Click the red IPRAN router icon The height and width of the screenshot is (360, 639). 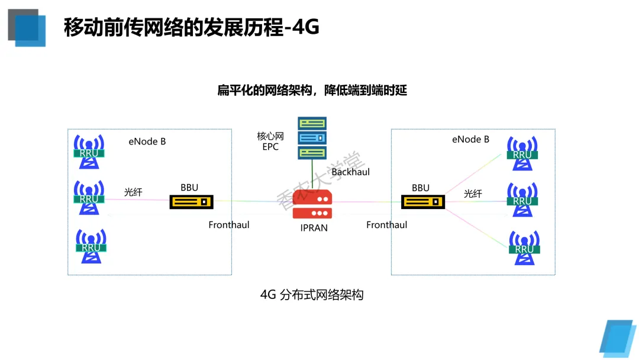coord(312,205)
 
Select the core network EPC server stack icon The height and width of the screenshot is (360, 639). coord(312,139)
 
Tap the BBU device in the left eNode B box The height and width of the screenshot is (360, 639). coord(191,202)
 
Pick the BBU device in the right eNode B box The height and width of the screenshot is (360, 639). coord(422,202)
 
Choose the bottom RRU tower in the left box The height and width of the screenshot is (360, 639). coord(91,245)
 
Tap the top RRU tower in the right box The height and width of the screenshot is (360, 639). coord(522,152)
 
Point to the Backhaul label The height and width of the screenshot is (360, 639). coord(350,172)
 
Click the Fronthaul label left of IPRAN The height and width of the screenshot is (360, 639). coord(229,225)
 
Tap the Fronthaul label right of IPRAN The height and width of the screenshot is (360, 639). coord(386,225)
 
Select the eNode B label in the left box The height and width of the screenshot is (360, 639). coord(147,142)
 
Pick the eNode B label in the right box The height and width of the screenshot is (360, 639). coord(470,140)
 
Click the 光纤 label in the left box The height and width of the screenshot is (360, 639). coord(133,192)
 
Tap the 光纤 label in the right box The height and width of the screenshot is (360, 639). coord(473,194)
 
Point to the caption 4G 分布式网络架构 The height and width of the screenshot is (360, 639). coord(312,294)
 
